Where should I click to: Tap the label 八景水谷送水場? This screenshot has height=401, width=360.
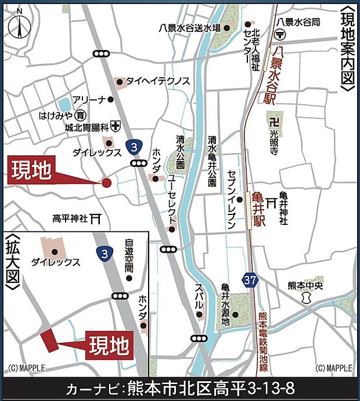click(x=190, y=27)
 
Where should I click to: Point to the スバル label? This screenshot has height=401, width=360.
click(x=199, y=296)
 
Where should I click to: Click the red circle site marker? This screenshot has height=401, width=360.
click(x=106, y=183)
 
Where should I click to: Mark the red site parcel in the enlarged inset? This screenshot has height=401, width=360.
click(x=48, y=339)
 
